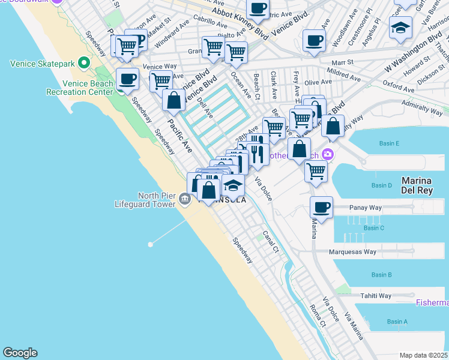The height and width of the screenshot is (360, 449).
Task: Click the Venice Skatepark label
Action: [x=42, y=63]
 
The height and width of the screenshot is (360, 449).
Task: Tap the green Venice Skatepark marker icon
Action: [x=84, y=62]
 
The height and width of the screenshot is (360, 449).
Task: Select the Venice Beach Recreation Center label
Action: [x=79, y=88]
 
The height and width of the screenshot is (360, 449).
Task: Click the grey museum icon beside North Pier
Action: [x=184, y=199]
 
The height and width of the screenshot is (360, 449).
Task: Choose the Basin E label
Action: [x=389, y=143]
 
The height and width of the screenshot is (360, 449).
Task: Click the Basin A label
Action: [x=397, y=322]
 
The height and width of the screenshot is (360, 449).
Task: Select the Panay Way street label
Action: [x=366, y=208]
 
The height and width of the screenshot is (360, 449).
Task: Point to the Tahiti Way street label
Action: [x=376, y=296]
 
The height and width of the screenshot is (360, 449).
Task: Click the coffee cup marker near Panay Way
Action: [x=322, y=208]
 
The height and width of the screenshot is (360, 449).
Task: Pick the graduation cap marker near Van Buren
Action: [x=400, y=27]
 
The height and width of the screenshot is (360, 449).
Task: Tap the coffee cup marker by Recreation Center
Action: [x=127, y=79]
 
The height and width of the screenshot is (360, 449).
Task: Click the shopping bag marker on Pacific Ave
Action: [x=173, y=100]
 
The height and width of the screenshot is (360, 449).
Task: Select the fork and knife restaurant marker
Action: [x=258, y=154]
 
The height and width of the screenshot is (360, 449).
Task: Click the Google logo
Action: [x=20, y=353]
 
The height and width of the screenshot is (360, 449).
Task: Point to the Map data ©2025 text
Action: [x=423, y=355]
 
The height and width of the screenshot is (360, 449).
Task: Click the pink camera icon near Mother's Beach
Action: [x=328, y=154]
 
